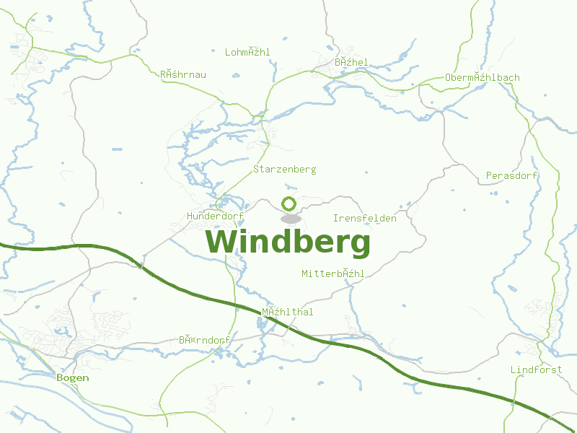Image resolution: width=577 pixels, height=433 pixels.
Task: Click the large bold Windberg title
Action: point(288,242)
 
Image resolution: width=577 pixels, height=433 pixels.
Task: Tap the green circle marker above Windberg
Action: point(289,204)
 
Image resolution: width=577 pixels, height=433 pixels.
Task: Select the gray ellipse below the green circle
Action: point(290,218)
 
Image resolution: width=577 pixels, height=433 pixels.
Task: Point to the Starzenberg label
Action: point(284,170)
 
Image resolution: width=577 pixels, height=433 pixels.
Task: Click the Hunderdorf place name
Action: point(215,216)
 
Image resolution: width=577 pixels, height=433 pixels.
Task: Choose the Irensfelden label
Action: point(364,218)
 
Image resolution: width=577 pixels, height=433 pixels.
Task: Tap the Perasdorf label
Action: point(512,176)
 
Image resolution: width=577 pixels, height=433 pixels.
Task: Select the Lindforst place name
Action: point(536,370)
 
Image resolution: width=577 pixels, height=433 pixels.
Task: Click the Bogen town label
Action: point(73,377)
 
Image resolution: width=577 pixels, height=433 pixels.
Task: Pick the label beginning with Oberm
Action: point(482,78)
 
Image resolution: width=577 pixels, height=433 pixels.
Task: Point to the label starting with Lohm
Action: point(247,52)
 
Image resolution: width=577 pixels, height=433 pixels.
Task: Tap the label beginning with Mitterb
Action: point(332,274)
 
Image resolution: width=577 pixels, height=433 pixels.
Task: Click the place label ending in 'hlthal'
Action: point(287,312)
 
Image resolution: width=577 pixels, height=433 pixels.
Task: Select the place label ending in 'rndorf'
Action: point(204,340)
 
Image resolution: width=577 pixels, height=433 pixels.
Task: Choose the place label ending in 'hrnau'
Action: point(182,74)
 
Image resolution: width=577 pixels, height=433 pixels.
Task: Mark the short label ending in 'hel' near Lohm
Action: point(351,63)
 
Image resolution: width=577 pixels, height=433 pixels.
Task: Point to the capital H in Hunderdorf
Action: point(190,216)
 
